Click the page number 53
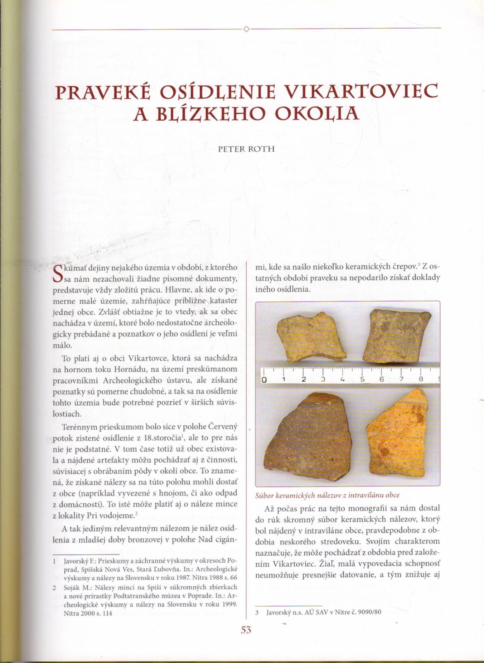coord(246,630)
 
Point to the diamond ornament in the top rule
coord(246,29)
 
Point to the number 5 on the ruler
coord(362,380)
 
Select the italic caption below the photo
coord(328,495)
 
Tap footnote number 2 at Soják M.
coord(54,587)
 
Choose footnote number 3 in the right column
coord(257,612)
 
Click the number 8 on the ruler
coord(421,380)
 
